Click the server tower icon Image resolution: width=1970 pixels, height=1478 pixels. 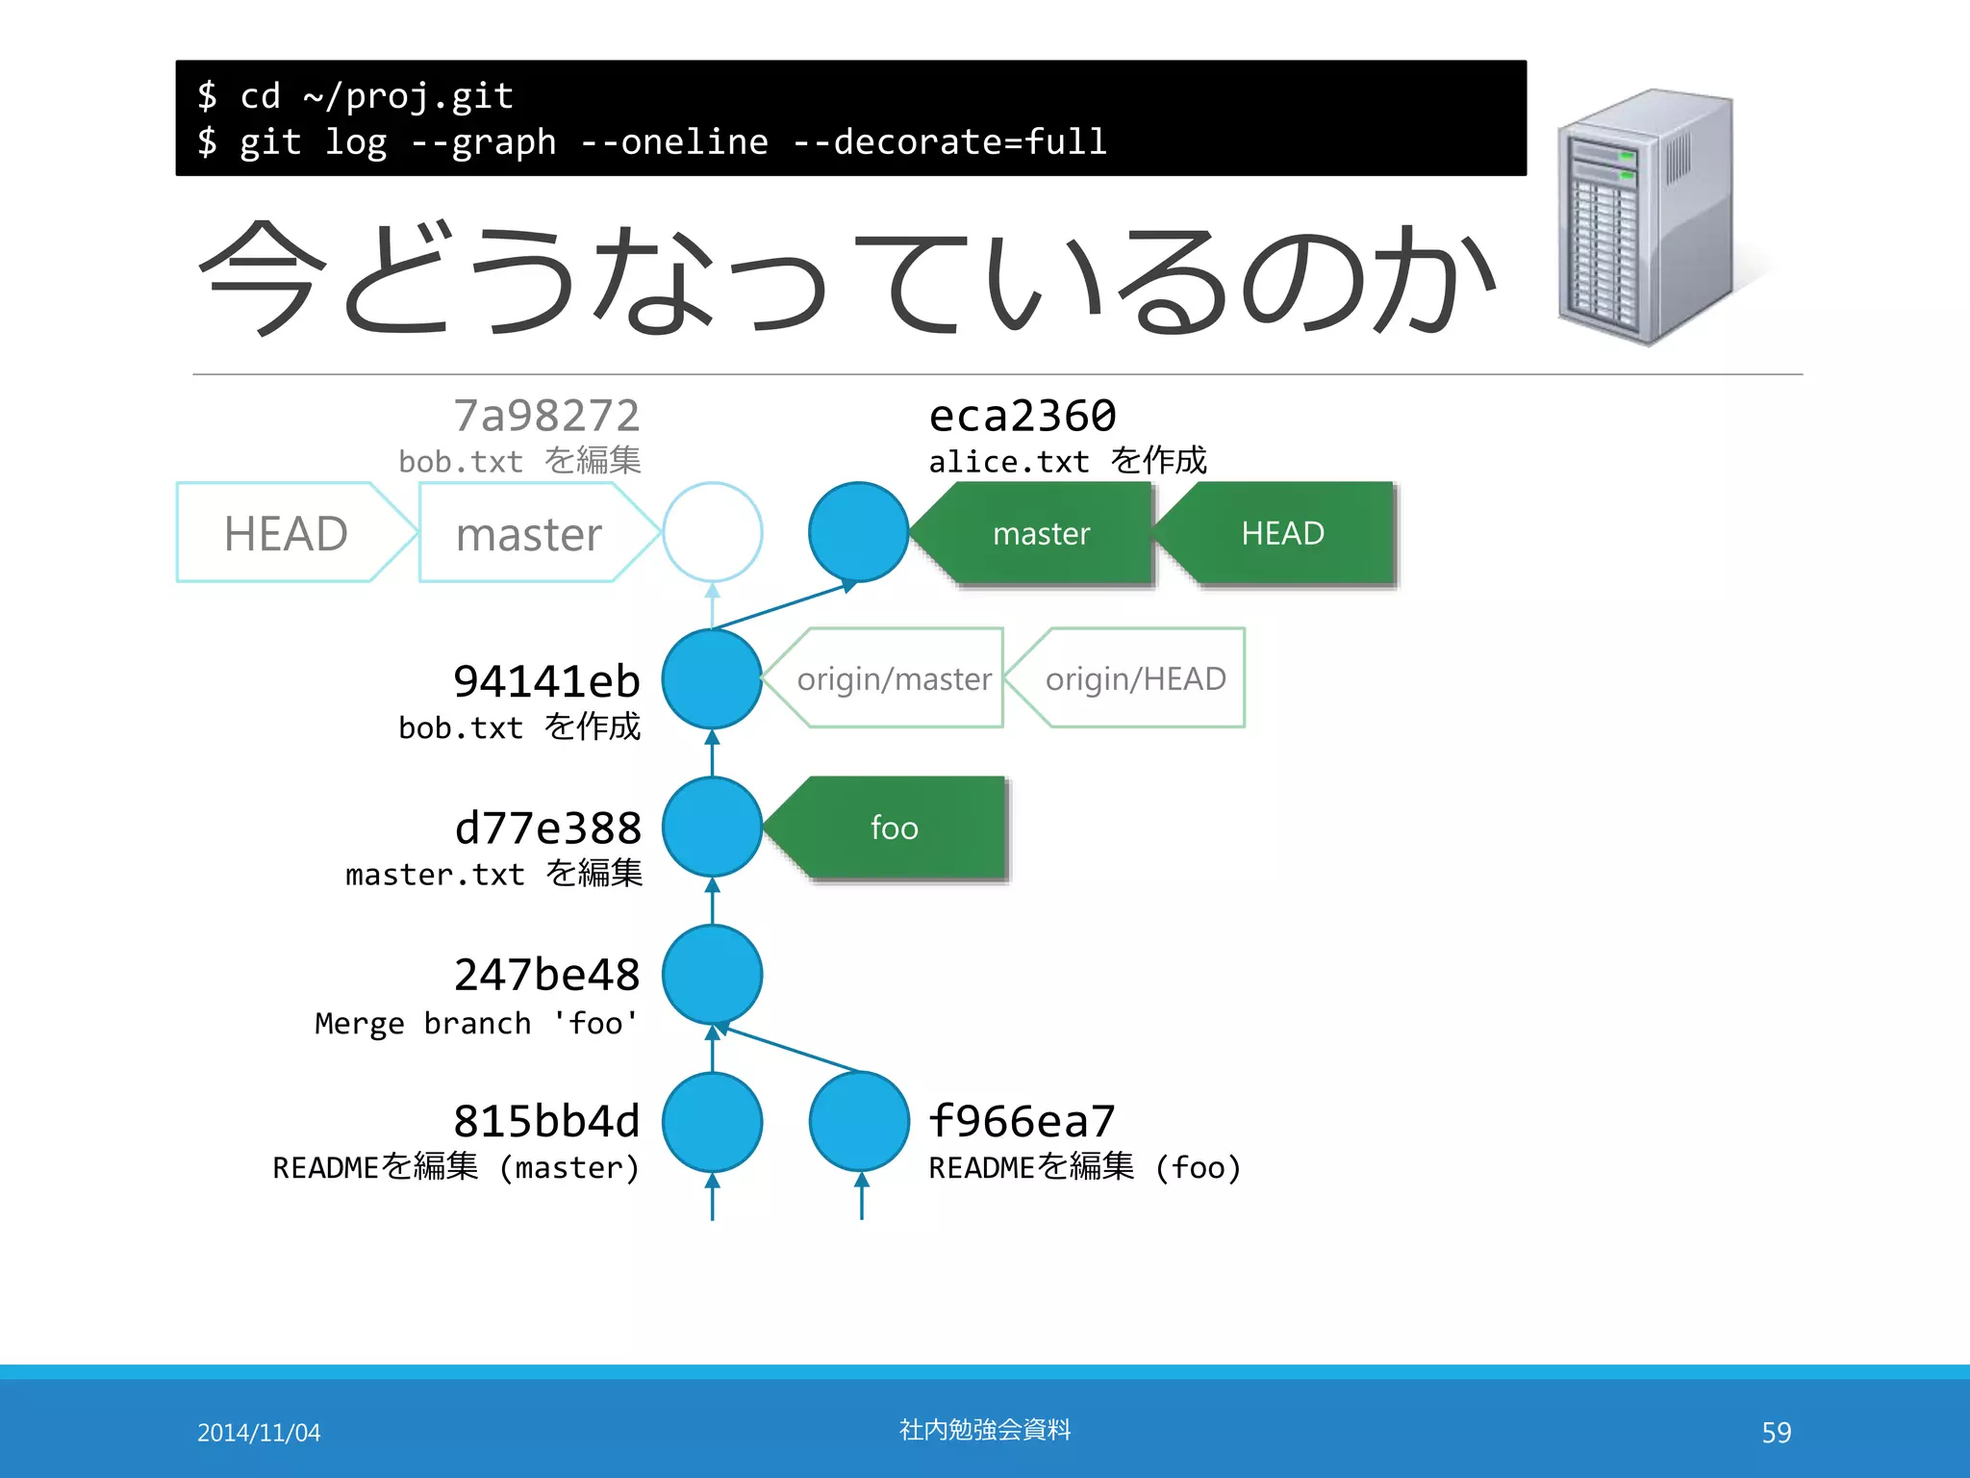1647,217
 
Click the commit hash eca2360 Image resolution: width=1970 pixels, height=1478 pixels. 1022,417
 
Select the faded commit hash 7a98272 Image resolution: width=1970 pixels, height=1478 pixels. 546,417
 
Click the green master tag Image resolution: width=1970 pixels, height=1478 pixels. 1041,533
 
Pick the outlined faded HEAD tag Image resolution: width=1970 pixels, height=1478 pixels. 286,533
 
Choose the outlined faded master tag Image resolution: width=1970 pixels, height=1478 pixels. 528,533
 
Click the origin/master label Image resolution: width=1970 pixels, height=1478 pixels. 894,679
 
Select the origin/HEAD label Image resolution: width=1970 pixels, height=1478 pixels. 1135,679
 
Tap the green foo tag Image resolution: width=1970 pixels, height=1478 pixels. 895,828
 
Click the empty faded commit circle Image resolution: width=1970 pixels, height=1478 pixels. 713,532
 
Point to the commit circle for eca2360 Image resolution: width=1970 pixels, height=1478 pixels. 858,532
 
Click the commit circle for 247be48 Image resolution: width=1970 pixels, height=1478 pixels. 713,975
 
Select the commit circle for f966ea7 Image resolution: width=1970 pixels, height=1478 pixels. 859,1122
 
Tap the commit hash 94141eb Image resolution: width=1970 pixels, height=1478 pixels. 546,682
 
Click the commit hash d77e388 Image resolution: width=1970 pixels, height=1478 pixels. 547,828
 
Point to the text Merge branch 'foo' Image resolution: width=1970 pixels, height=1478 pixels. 476,1023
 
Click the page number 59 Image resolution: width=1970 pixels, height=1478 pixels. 1776,1433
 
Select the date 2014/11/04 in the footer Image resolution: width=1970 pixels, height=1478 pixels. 259,1433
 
